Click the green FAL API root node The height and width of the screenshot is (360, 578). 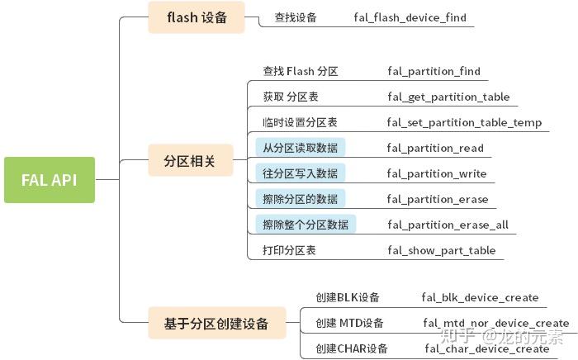pyautogui.click(x=50, y=179)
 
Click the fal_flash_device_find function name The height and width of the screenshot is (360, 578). pyautogui.click(x=410, y=17)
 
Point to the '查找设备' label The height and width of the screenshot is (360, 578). pyautogui.click(x=296, y=17)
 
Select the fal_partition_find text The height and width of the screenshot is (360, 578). pyautogui.click(x=433, y=72)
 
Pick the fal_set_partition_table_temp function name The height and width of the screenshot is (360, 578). pyautogui.click(x=464, y=123)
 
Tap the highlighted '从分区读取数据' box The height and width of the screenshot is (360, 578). pyautogui.click(x=301, y=148)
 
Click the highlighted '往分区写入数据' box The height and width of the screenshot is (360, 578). pyautogui.click(x=301, y=173)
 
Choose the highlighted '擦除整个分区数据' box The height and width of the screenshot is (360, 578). pyautogui.click(x=306, y=225)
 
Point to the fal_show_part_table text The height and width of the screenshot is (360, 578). pyautogui.click(x=441, y=250)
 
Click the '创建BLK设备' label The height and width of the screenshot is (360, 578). pyautogui.click(x=348, y=297)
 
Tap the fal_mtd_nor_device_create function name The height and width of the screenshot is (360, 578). pyautogui.click(x=495, y=323)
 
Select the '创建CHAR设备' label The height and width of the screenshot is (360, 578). pyautogui.click(x=352, y=348)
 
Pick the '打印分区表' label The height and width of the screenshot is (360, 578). pyautogui.click(x=289, y=250)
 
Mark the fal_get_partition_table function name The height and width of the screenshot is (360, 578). pyautogui.click(x=448, y=97)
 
